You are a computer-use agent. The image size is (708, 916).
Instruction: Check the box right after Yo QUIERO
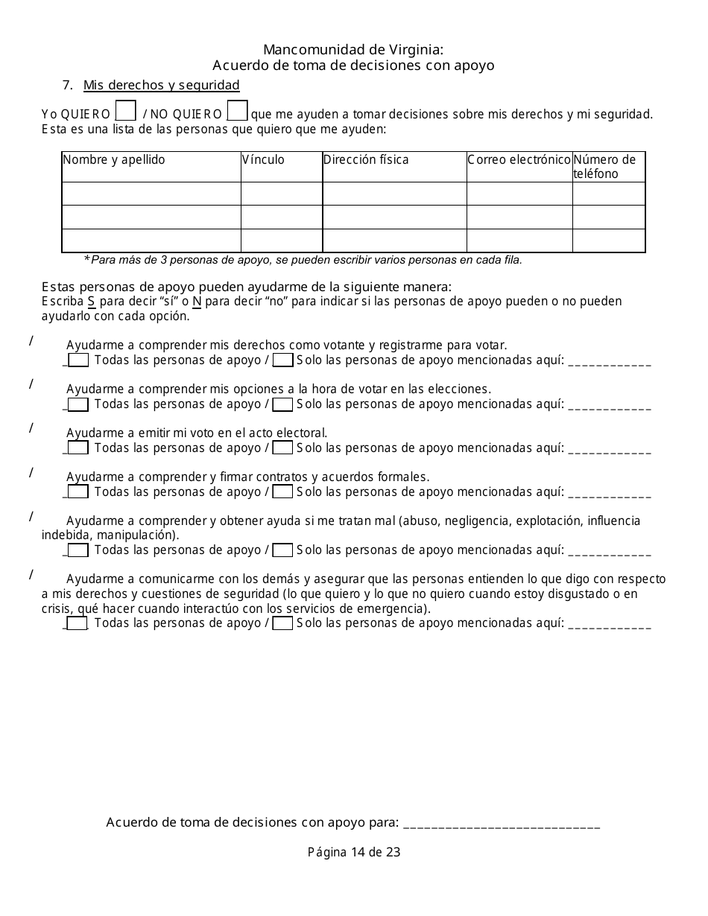[127, 111]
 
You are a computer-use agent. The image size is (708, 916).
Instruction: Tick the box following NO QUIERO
[237, 111]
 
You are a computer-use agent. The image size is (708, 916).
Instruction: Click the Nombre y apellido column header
[114, 160]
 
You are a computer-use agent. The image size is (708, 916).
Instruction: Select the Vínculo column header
[263, 160]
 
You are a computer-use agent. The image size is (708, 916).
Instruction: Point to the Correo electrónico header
[519, 160]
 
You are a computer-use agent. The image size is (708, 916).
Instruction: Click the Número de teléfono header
[604, 167]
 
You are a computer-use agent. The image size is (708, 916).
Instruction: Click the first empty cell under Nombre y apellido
[151, 194]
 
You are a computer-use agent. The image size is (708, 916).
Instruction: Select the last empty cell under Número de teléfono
[608, 241]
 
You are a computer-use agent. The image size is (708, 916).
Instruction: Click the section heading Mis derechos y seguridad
[161, 85]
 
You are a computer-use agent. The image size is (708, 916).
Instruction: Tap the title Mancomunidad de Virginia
[353, 50]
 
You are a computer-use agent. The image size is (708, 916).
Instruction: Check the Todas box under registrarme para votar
[78, 360]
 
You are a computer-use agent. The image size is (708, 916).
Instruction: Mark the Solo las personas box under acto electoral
[282, 448]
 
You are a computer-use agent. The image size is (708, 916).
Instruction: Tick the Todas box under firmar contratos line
[78, 492]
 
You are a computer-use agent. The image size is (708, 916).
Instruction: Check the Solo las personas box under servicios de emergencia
[282, 624]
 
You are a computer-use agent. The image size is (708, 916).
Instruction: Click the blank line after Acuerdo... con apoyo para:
[501, 824]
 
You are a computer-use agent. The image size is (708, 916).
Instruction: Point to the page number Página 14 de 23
[354, 852]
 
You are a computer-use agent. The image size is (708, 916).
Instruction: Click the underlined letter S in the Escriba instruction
[91, 302]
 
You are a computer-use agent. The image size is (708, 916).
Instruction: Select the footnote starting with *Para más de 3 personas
[303, 260]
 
